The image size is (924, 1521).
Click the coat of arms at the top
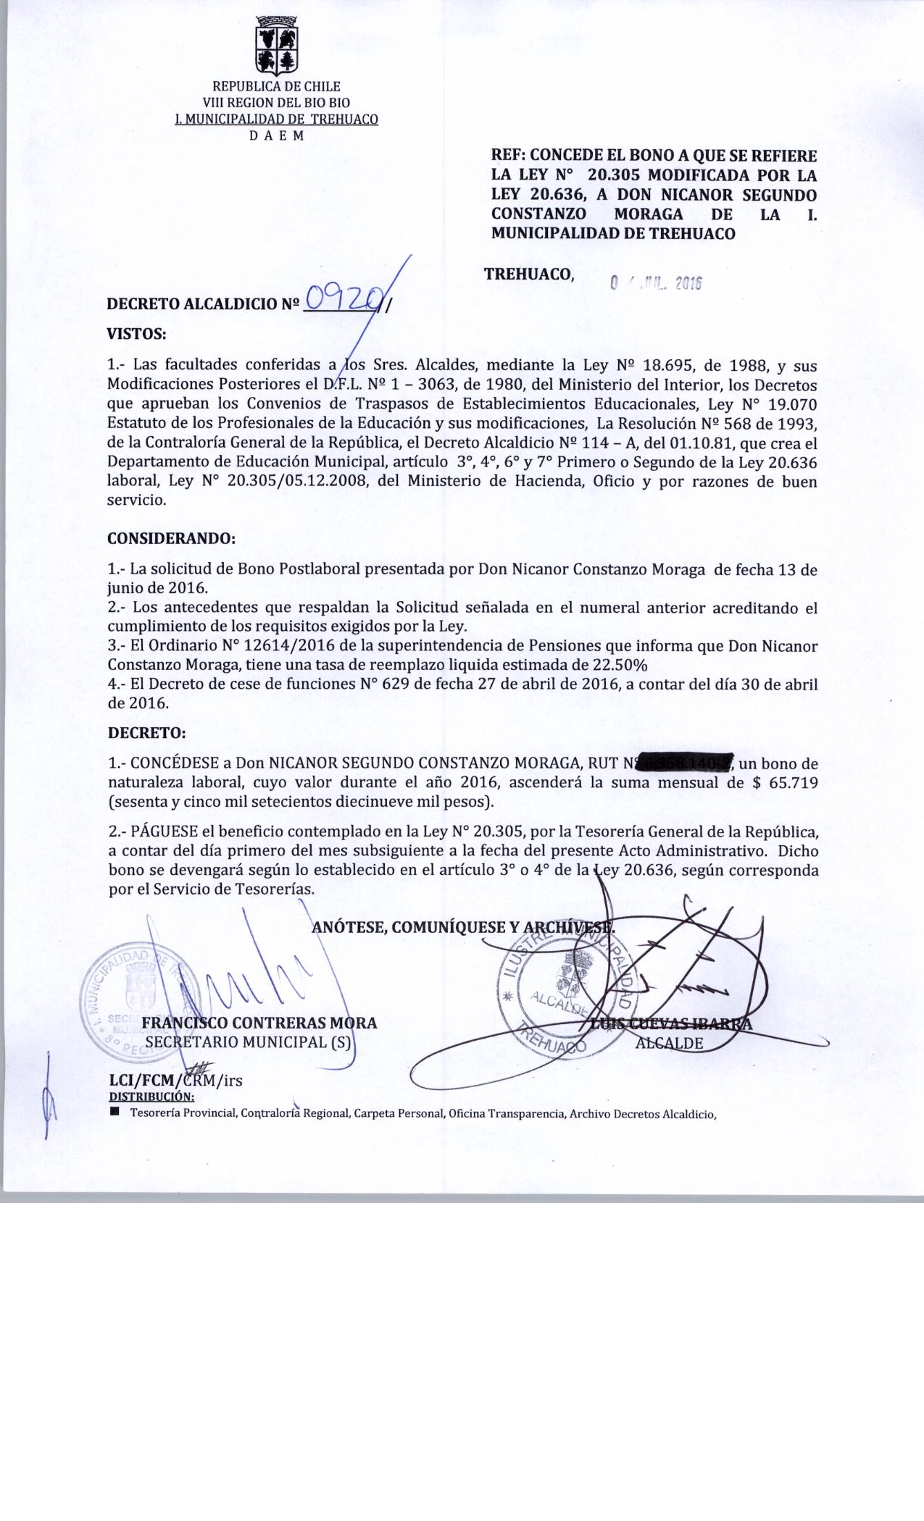(276, 45)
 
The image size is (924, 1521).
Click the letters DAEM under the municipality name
(276, 135)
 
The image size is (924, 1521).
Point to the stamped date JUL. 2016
(657, 284)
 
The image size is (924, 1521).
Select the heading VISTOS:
(137, 334)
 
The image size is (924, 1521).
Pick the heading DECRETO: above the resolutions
(147, 732)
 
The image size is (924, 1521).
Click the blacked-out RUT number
(686, 763)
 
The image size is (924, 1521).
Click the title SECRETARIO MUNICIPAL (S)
(248, 1042)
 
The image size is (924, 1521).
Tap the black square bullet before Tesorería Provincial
(115, 1111)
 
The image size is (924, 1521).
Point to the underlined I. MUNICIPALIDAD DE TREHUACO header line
(276, 119)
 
